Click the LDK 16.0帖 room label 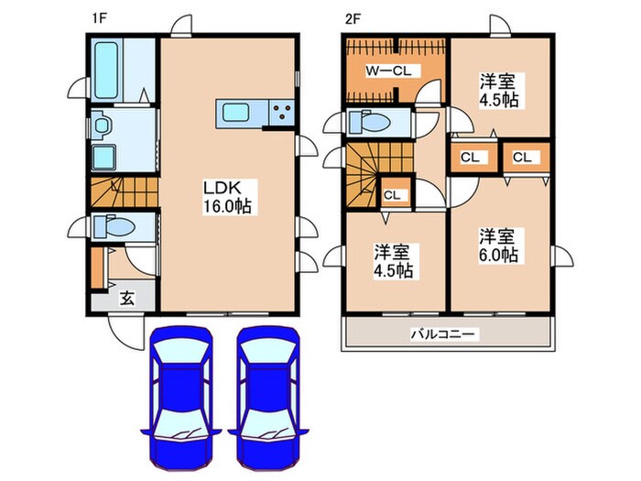pyautogui.click(x=227, y=197)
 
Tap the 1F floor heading pyautogui.click(x=98, y=19)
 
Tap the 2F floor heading pyautogui.click(x=353, y=19)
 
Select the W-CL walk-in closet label pyautogui.click(x=388, y=71)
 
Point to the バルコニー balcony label pyautogui.click(x=443, y=334)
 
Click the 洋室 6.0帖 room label pyautogui.click(x=498, y=246)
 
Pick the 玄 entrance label pyautogui.click(x=126, y=299)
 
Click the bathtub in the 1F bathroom pyautogui.click(x=106, y=71)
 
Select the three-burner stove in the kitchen pyautogui.click(x=282, y=113)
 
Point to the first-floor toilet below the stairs pyautogui.click(x=114, y=225)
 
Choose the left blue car pyautogui.click(x=181, y=398)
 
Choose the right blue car pyautogui.click(x=268, y=398)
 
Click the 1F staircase pyautogui.click(x=125, y=191)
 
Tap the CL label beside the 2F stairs pyautogui.click(x=392, y=195)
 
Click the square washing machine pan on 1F pyautogui.click(x=104, y=157)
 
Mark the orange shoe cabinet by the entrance pyautogui.click(x=96, y=268)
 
